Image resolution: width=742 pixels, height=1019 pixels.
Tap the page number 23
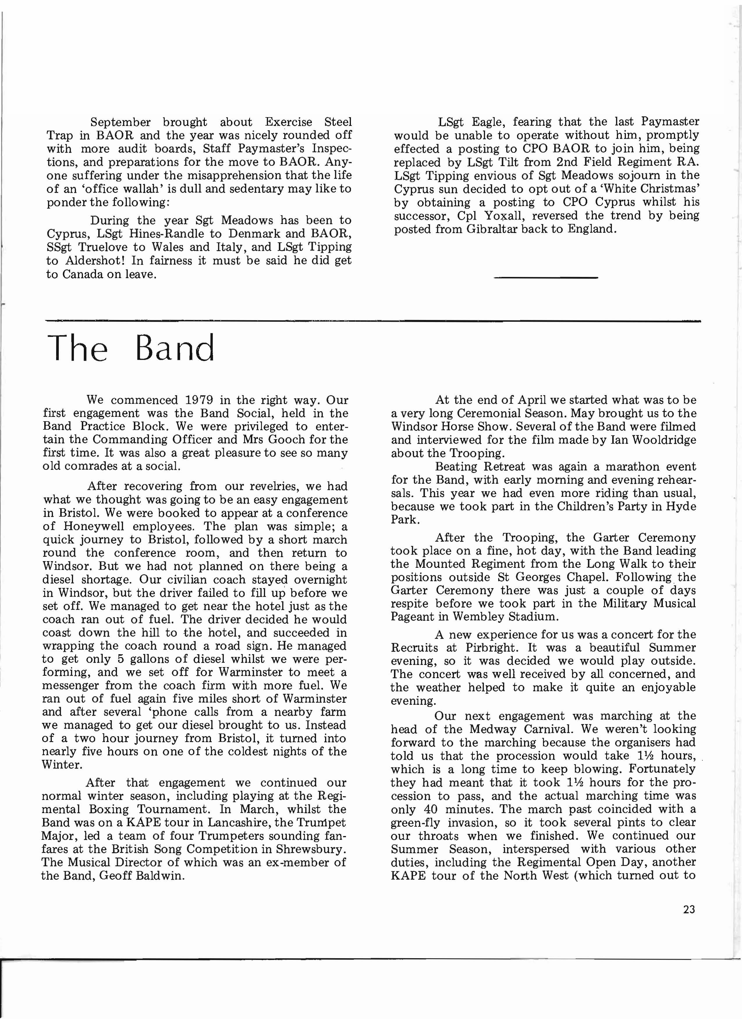(x=688, y=909)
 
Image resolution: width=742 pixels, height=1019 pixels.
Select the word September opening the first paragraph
(x=120, y=122)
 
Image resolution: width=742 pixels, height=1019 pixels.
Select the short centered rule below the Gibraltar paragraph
(x=545, y=278)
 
